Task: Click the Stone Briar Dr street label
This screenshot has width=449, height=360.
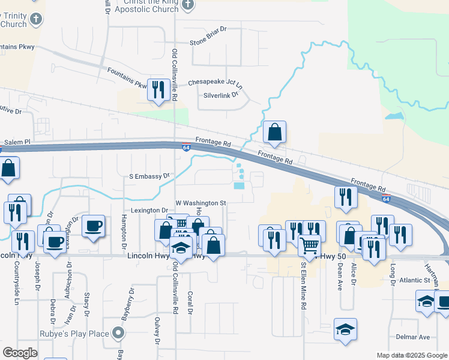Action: [208, 43]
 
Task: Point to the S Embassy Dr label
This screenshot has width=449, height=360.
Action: [150, 176]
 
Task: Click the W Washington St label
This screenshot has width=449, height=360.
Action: [200, 203]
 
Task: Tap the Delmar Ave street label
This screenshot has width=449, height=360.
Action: [417, 337]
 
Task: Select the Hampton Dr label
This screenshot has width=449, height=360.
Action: [124, 232]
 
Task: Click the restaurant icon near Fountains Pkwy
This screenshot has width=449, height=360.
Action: [157, 90]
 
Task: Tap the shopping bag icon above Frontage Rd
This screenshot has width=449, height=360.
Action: [274, 132]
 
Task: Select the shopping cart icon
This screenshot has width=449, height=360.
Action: [309, 245]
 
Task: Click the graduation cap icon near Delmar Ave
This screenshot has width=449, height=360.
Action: [345, 329]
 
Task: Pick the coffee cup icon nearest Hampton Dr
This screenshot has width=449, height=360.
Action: [93, 226]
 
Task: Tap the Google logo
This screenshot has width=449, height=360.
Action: [20, 353]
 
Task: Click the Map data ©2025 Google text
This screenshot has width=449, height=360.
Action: [411, 355]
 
